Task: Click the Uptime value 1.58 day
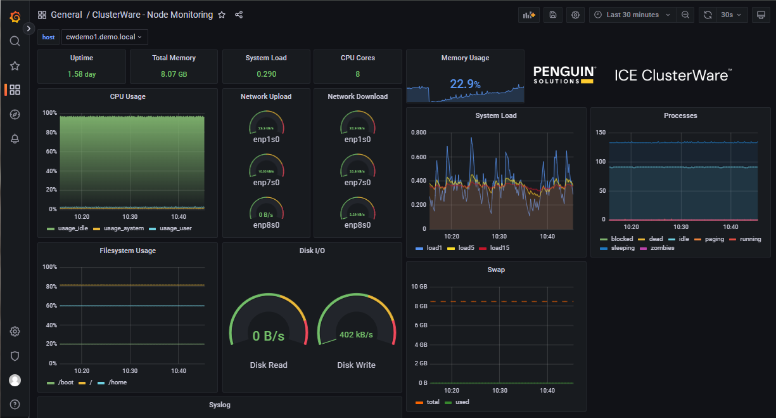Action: click(x=82, y=74)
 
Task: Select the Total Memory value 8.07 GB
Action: click(x=174, y=74)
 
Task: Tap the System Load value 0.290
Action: click(x=266, y=74)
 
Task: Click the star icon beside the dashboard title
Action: click(x=222, y=15)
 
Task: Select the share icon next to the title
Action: click(x=239, y=15)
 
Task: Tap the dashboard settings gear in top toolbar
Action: click(x=575, y=15)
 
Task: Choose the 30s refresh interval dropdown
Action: click(x=730, y=15)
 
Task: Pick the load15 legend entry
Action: click(x=499, y=247)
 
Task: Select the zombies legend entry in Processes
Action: click(x=662, y=248)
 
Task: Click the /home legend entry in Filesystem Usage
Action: click(x=117, y=382)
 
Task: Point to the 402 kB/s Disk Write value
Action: click(x=356, y=335)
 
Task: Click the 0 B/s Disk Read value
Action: click(x=268, y=336)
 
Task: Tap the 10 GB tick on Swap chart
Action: click(x=418, y=287)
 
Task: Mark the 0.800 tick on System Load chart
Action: click(x=418, y=133)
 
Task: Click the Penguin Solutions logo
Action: click(x=564, y=75)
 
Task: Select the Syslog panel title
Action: click(x=220, y=404)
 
